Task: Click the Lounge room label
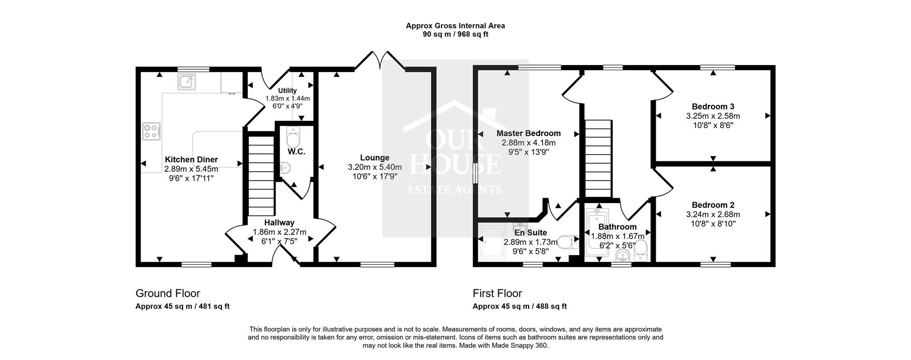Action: pyautogui.click(x=374, y=158)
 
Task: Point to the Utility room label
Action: pyautogui.click(x=287, y=91)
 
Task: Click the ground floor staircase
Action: pyautogui.click(x=261, y=175)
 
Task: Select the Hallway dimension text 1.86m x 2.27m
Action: pyautogui.click(x=279, y=232)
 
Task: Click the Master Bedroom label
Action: pyautogui.click(x=528, y=133)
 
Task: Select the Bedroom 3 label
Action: pyautogui.click(x=713, y=107)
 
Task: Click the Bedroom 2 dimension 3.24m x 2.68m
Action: pyautogui.click(x=713, y=214)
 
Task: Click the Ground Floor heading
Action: pyautogui.click(x=167, y=294)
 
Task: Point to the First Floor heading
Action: pyautogui.click(x=497, y=294)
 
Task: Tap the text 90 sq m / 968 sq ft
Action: pyautogui.click(x=455, y=34)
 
